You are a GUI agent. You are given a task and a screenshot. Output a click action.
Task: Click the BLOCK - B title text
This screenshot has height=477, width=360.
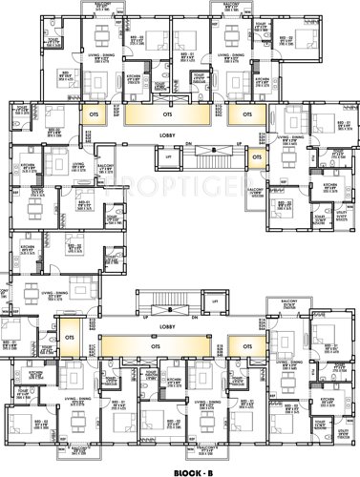179,468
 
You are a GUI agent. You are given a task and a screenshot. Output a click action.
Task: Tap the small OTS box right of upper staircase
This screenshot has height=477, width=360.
256,158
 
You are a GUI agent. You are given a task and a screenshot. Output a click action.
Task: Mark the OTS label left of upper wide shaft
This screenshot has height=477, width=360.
93,114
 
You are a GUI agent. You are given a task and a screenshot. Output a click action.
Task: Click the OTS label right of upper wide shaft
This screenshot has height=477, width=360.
245,114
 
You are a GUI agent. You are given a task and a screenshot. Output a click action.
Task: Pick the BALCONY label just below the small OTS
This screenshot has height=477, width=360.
255,190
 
